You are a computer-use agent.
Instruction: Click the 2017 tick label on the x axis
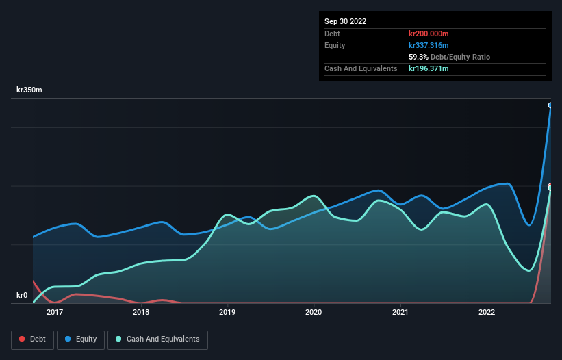tap(55, 313)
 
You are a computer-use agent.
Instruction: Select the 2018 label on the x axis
tap(141, 313)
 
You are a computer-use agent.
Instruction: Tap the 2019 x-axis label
tap(227, 313)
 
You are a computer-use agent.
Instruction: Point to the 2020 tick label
tap(314, 313)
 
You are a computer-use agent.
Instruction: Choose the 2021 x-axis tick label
tap(400, 313)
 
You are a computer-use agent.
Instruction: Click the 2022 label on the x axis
tap(486, 313)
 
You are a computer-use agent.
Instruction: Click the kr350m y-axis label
tap(29, 90)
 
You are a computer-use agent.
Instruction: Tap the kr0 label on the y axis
tap(22, 296)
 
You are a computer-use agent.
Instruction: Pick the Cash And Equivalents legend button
tap(157, 339)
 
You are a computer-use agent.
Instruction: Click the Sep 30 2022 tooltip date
tap(345, 21)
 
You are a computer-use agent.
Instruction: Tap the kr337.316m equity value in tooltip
tap(429, 45)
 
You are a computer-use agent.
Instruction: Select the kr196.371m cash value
tap(429, 68)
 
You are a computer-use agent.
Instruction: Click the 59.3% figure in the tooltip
tap(418, 57)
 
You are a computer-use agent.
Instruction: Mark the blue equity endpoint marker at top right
tap(550, 105)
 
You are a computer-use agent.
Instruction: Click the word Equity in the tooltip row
tap(335, 45)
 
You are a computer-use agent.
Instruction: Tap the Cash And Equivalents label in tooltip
tap(361, 68)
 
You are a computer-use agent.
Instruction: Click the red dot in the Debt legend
tap(23, 339)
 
